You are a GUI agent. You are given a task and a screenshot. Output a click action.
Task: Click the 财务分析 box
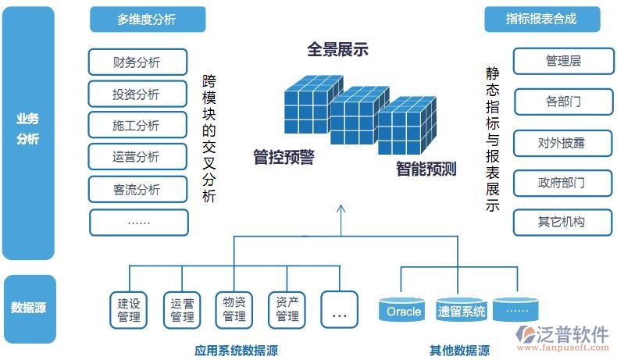[x=138, y=62]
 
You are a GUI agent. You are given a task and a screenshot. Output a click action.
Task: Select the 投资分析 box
[x=138, y=94]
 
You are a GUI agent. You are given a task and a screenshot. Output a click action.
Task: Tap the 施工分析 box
[x=138, y=125]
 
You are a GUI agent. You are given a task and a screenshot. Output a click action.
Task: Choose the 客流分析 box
[x=138, y=189]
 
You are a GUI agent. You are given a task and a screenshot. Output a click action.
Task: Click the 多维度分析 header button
[x=147, y=20]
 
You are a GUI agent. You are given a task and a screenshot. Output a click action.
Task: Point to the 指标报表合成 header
[x=541, y=20]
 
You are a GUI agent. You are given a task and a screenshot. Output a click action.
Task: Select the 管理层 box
[x=562, y=61]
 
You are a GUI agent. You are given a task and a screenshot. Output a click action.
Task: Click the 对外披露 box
[x=562, y=142]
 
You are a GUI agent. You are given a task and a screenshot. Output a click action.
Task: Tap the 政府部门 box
[x=562, y=183]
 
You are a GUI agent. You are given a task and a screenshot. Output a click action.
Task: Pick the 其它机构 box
[x=562, y=222]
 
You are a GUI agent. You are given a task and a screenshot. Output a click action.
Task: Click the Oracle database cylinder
[x=403, y=311]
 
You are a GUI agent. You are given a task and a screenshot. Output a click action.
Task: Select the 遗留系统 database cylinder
[x=462, y=311]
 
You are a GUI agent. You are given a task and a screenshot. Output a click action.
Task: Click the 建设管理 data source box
[x=129, y=309]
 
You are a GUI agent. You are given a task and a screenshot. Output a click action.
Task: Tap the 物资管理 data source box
[x=234, y=309]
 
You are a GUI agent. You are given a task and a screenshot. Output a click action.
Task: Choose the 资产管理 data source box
[x=287, y=309]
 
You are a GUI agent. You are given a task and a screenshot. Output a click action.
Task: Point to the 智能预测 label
[x=426, y=169]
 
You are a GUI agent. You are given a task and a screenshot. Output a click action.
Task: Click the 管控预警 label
[x=284, y=157]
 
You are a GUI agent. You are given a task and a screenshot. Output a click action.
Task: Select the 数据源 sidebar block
[x=29, y=307]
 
